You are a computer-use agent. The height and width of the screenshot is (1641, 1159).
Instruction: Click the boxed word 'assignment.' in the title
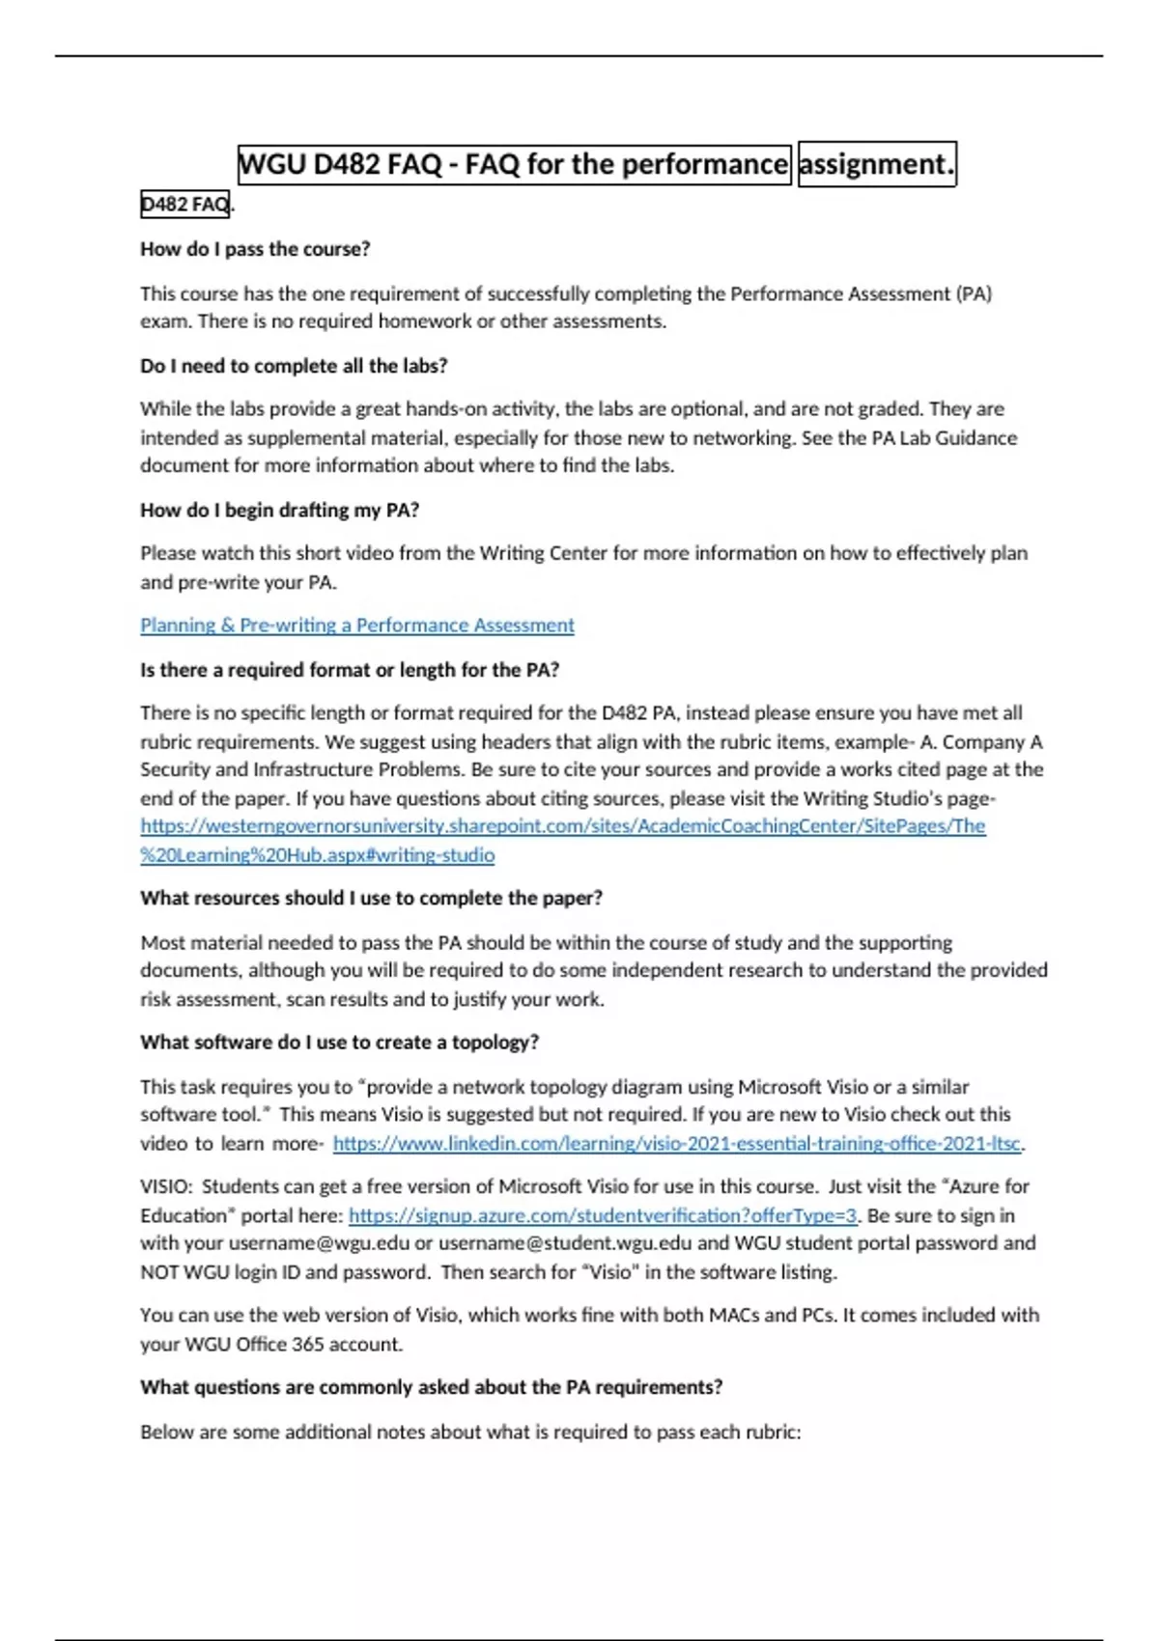(x=876, y=164)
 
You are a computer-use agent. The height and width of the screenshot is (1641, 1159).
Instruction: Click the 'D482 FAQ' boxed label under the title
(x=184, y=205)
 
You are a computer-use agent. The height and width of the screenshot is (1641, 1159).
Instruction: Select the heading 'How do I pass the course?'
(x=255, y=249)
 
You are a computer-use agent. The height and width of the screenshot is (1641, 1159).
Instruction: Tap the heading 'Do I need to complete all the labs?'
(x=294, y=366)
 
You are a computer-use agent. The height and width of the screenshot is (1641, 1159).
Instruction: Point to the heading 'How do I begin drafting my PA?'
(x=279, y=510)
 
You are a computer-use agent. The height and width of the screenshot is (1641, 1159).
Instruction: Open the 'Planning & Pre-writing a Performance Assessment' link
(x=357, y=626)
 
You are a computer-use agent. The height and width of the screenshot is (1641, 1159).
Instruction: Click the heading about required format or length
(x=350, y=670)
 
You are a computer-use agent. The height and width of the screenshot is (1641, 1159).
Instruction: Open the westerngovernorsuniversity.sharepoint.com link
(x=562, y=826)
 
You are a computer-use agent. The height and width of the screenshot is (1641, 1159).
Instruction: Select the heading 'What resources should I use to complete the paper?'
(x=371, y=898)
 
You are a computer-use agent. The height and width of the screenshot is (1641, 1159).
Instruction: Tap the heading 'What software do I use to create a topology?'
(x=339, y=1043)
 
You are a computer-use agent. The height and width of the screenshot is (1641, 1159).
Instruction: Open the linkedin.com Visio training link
(x=676, y=1144)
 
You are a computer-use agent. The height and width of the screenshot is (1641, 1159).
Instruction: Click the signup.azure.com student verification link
(x=603, y=1216)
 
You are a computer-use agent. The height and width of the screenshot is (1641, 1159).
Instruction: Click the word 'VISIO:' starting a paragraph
(x=166, y=1186)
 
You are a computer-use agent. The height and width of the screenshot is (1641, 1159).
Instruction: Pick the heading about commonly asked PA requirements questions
(x=431, y=1387)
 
